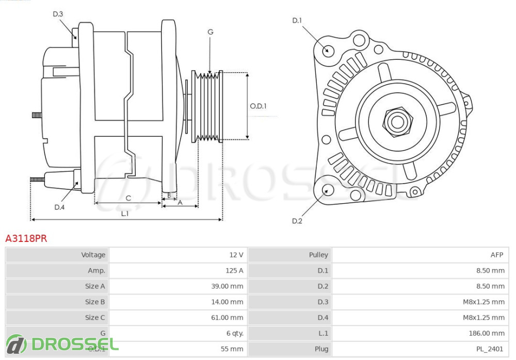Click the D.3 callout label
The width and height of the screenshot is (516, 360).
[x=58, y=14]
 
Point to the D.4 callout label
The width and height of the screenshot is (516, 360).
[x=60, y=207]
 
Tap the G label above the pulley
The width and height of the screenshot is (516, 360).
[x=210, y=32]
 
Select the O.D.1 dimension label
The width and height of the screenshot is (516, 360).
[x=258, y=106]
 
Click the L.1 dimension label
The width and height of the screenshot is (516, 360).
[x=125, y=213]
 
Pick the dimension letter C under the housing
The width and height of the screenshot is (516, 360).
[x=128, y=198]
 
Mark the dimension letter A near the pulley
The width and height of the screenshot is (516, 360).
[x=180, y=202]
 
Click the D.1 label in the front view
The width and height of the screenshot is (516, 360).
[x=297, y=21]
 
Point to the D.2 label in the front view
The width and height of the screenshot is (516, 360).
[x=297, y=221]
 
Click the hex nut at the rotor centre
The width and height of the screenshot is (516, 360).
[x=397, y=122]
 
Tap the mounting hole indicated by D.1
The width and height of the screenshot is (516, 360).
[x=327, y=51]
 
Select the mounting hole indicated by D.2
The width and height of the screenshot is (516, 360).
[x=327, y=190]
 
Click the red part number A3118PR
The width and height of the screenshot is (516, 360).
[x=26, y=238]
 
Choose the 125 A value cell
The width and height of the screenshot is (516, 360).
[x=234, y=270]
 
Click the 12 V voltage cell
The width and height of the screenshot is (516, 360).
[x=236, y=255]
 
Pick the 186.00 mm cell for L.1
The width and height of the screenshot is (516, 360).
[x=487, y=333]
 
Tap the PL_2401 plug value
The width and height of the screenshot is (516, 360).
[x=489, y=349]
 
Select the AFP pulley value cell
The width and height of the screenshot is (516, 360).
[x=497, y=255]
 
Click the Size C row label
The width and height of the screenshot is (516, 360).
[x=95, y=317]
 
